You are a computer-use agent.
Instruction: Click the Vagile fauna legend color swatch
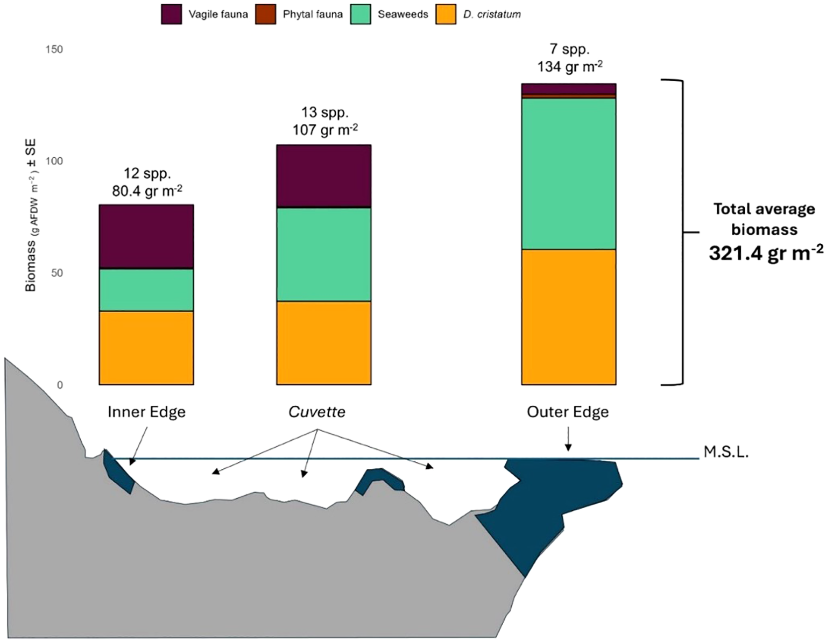[171, 14]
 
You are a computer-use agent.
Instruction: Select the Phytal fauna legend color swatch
[266, 14]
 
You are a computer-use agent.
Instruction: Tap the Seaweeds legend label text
[403, 15]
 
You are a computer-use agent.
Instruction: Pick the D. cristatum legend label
[492, 15]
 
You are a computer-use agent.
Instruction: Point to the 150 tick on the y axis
[54, 50]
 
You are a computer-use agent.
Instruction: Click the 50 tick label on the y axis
[57, 273]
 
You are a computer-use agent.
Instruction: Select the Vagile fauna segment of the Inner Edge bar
[146, 236]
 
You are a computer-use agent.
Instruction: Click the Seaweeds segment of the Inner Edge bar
[146, 290]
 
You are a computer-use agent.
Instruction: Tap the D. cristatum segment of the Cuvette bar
[323, 342]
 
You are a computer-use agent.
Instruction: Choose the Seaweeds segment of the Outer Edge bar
[568, 173]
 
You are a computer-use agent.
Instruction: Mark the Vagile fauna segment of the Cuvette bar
[323, 176]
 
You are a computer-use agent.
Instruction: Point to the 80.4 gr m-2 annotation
[147, 191]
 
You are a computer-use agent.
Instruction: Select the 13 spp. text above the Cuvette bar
[324, 112]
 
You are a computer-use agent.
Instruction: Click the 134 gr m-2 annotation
[569, 66]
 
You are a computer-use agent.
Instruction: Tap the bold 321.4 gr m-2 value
[765, 252]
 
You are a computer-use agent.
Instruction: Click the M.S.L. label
[725, 452]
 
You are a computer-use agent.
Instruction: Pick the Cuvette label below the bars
[316, 412]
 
